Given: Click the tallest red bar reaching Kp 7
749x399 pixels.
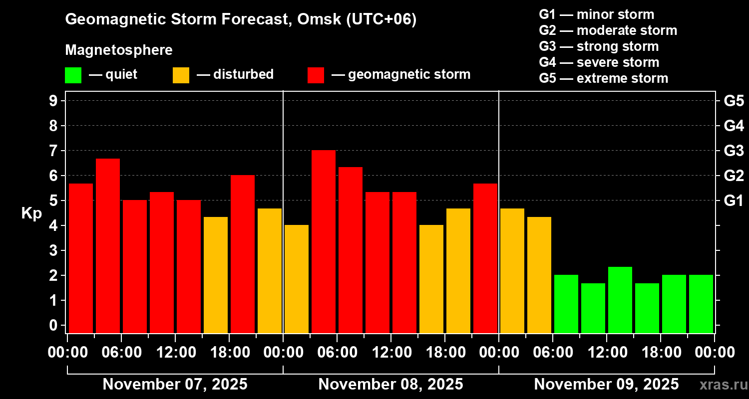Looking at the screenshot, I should [x=324, y=241].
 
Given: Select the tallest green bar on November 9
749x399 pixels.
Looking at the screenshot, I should [x=620, y=300].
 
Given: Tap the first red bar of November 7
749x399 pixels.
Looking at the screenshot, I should [x=81, y=258].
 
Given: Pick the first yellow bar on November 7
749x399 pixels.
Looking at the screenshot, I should [x=216, y=275].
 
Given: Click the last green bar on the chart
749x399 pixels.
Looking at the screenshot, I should [x=701, y=304].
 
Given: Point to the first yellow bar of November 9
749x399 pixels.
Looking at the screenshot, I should [x=512, y=270].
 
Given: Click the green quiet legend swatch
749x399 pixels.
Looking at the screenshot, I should [x=73, y=75].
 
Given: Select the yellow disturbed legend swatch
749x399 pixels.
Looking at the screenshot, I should [x=181, y=75].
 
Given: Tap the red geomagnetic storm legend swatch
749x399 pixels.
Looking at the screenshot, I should [x=316, y=75].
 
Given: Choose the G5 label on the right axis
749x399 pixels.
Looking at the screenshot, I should [x=734, y=101].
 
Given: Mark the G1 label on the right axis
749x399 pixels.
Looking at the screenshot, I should [x=734, y=201].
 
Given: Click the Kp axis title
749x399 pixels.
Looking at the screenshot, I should [x=31, y=213].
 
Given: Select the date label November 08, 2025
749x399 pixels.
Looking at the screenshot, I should [x=390, y=385].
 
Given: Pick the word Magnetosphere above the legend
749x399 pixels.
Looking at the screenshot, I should [x=119, y=50].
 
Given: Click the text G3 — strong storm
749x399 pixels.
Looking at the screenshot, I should [x=599, y=46].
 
